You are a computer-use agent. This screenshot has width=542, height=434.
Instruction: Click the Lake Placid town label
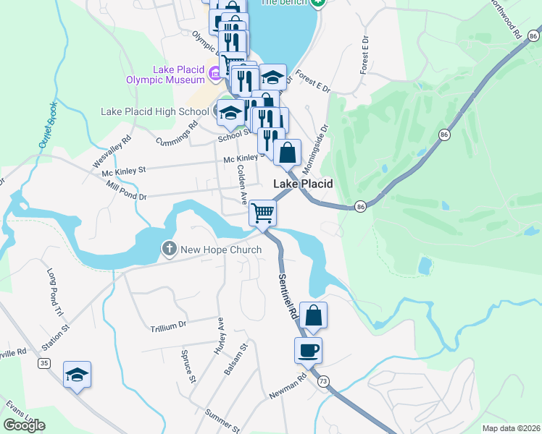(303, 184)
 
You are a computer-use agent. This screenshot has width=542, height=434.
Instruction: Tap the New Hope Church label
(221, 250)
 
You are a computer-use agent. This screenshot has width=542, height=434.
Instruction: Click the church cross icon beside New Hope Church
(169, 250)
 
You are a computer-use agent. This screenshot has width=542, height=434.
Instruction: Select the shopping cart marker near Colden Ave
(262, 213)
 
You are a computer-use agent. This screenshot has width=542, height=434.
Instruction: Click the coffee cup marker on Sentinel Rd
(307, 351)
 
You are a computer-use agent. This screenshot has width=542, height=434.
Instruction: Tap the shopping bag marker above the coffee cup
(313, 315)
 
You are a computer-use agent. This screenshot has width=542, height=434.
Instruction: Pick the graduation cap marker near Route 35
(77, 375)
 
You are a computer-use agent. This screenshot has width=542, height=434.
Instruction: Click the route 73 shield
(323, 380)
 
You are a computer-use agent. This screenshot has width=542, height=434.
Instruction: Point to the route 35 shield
(45, 363)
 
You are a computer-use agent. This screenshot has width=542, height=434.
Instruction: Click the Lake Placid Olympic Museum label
(178, 75)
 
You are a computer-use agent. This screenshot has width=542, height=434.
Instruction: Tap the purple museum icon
(215, 73)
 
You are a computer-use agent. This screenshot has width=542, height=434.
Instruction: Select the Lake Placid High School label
(154, 111)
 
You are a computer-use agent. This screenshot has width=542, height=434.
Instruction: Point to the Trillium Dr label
(168, 326)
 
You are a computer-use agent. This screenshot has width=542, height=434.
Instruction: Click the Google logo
(25, 425)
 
